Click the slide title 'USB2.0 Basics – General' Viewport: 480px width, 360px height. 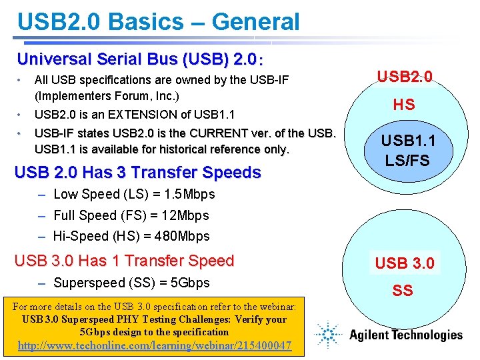click(x=159, y=21)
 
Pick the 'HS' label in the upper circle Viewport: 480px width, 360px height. click(x=403, y=104)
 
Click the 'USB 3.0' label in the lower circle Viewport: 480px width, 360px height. click(x=405, y=263)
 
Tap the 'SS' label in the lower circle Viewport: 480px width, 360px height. click(x=403, y=290)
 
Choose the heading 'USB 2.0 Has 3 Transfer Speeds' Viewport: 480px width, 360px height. click(x=137, y=173)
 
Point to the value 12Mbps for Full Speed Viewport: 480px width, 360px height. click(x=185, y=215)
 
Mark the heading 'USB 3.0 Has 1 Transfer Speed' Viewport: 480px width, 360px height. click(x=124, y=261)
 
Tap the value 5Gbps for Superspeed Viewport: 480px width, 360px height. click(x=190, y=283)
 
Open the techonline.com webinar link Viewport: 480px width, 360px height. click(x=154, y=345)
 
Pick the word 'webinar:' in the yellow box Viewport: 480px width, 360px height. click(x=276, y=307)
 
